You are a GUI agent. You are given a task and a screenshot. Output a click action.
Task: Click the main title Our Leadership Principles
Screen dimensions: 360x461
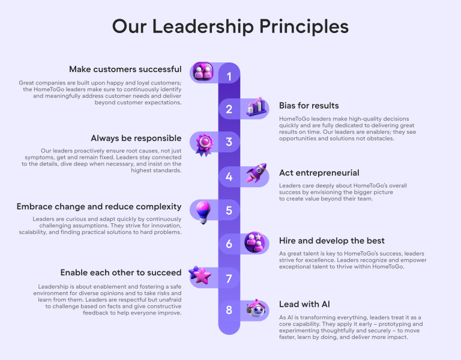[230, 27]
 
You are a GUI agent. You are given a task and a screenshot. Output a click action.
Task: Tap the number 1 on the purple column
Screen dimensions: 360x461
[229, 76]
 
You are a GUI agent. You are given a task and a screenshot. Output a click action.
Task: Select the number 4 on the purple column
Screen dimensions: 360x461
[229, 177]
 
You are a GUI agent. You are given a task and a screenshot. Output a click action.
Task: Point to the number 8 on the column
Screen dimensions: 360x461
[229, 310]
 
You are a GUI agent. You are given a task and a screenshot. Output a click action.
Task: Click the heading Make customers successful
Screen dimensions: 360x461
[125, 69]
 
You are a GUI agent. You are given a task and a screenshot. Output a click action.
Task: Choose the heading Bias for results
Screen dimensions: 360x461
[309, 106]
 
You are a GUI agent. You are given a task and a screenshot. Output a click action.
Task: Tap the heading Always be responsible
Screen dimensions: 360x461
[136, 138]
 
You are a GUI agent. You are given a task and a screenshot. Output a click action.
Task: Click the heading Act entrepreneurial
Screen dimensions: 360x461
[319, 173]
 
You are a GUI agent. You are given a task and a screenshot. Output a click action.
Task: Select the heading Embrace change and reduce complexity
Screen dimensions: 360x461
[99, 206]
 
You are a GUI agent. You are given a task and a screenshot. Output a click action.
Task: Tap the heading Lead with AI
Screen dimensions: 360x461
[304, 304]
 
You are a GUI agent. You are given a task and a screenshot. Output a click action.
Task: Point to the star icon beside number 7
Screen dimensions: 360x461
[200, 276]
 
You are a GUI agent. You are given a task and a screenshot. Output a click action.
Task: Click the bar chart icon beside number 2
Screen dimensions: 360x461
[256, 107]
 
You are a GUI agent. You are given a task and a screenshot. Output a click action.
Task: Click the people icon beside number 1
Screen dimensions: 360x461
[203, 72]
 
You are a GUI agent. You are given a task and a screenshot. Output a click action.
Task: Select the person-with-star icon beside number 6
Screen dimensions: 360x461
[256, 242]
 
